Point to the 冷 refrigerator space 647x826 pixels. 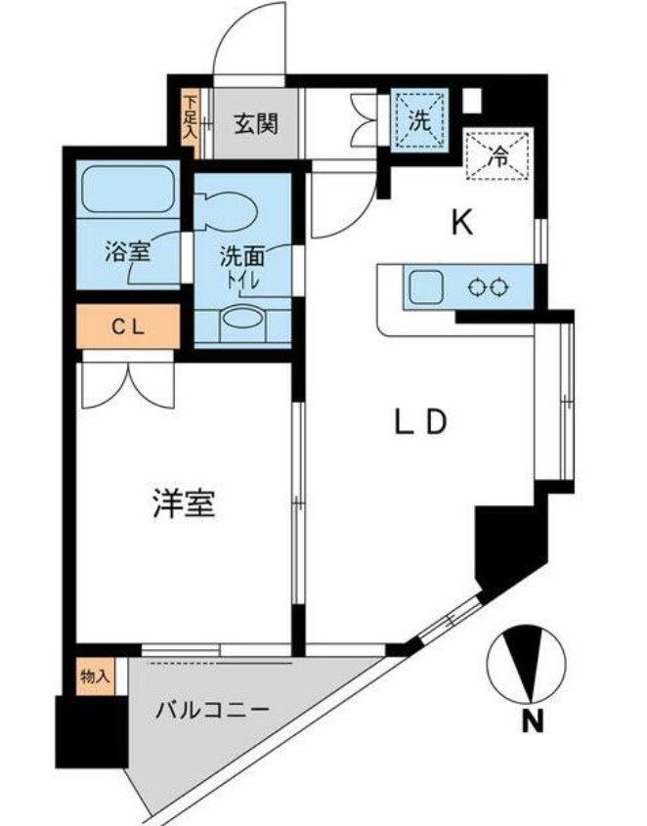click(x=499, y=155)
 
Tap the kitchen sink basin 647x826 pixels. click(x=427, y=287)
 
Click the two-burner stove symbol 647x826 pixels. click(x=489, y=287)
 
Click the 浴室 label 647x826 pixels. click(x=127, y=251)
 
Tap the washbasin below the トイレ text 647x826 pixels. click(x=242, y=322)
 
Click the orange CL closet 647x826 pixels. click(x=128, y=327)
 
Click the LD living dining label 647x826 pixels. click(x=420, y=422)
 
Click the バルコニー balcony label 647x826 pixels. click(x=212, y=710)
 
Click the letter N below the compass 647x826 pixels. click(x=531, y=723)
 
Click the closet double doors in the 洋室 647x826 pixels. click(x=128, y=383)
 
